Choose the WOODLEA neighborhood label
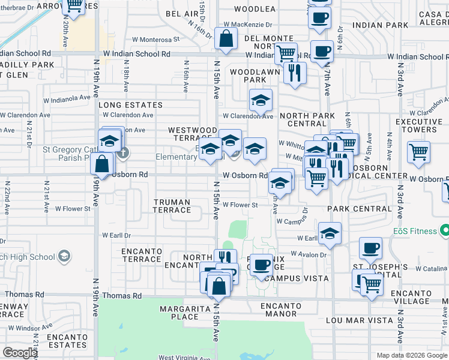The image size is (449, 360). tap(255, 9)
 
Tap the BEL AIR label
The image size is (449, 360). tap(182, 13)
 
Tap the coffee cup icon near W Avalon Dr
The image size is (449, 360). tap(370, 248)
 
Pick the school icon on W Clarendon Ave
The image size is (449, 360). tap(261, 101)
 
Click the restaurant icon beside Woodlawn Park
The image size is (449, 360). tap(294, 73)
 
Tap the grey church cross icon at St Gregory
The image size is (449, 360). tap(123, 152)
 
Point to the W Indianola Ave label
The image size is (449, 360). tap(67, 100)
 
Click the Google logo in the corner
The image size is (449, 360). tap(20, 353)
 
